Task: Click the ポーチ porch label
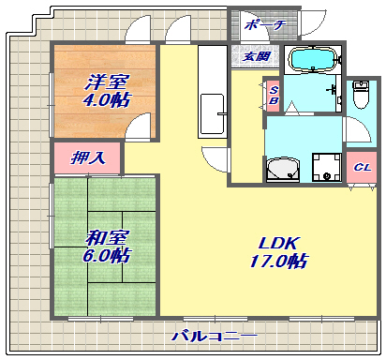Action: point(262,25)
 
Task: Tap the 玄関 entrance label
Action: point(256,56)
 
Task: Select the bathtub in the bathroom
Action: point(313,60)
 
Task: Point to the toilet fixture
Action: point(362,95)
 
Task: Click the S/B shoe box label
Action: point(273,95)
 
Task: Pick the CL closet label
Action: point(360,168)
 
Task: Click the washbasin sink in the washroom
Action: point(283,169)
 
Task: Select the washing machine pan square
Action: point(325,167)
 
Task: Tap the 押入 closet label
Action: point(89,157)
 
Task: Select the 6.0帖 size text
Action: point(104,255)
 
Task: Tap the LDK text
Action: point(277,243)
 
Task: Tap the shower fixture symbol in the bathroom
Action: point(334,89)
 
